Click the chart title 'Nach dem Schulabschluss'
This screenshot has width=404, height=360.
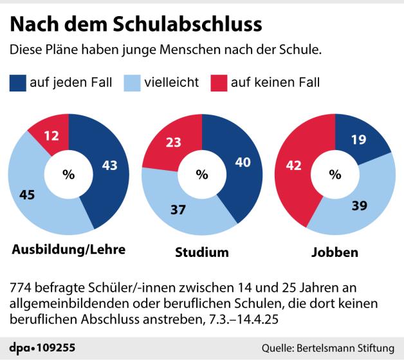click(x=136, y=24)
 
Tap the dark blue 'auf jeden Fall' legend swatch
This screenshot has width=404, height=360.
click(x=18, y=82)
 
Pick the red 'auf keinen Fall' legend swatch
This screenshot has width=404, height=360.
click(x=220, y=82)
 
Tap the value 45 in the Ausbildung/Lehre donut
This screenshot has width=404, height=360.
click(x=29, y=194)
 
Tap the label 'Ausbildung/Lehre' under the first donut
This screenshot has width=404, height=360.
click(x=68, y=249)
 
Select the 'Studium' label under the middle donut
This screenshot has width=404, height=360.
click(x=202, y=252)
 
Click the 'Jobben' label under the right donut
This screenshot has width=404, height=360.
click(x=334, y=252)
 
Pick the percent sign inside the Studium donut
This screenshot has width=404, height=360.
click(x=202, y=174)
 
